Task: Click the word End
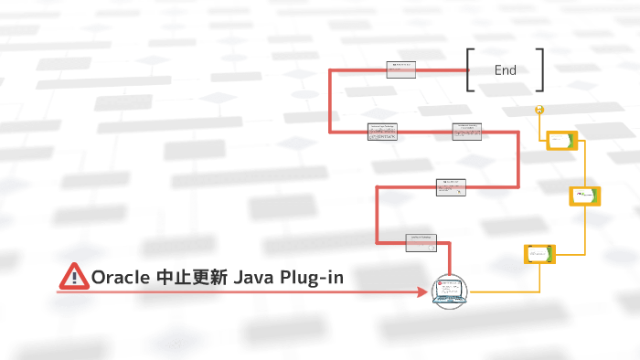[505, 70]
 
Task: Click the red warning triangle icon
[72, 275]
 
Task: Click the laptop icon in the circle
[449, 291]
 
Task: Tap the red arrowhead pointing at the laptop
[423, 292]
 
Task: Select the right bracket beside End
[540, 70]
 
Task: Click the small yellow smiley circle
[540, 110]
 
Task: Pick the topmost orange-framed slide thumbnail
[560, 140]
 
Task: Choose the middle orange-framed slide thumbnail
[584, 196]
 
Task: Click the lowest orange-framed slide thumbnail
[539, 254]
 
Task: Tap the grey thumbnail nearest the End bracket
[400, 69]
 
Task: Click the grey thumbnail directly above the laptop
[421, 242]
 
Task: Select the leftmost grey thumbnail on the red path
[382, 132]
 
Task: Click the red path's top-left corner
[331, 70]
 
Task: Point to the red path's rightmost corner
[518, 132]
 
